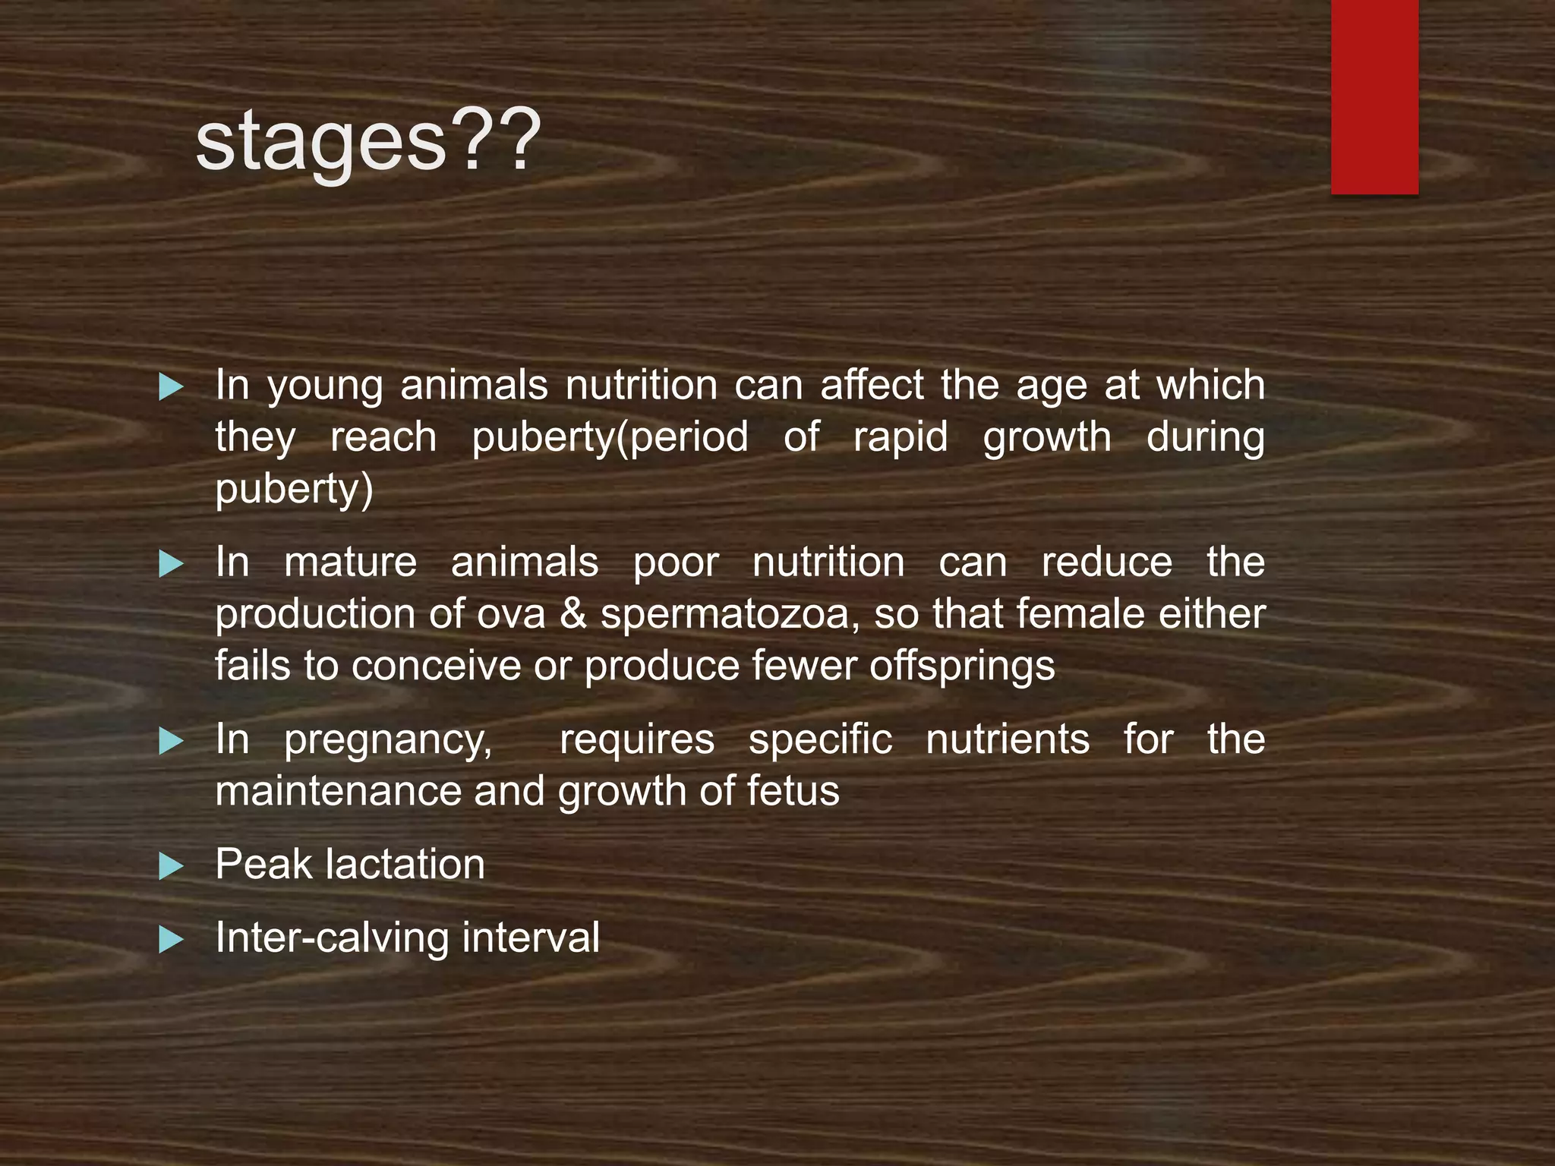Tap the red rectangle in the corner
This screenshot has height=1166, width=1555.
coord(1374,96)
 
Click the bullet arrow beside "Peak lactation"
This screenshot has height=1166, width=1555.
coord(172,866)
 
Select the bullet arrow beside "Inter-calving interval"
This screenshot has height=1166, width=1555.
coord(172,940)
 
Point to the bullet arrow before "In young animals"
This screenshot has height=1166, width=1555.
coord(172,387)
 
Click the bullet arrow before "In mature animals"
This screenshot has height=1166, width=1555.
coord(172,564)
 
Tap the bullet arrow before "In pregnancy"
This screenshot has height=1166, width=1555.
coord(172,741)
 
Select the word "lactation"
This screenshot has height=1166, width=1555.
coord(410,865)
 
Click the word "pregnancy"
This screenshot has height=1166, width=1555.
coord(388,741)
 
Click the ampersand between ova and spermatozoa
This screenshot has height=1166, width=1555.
coord(573,614)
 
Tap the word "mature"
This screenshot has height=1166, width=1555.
coord(350,563)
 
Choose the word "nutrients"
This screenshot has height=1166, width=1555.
coord(1008,739)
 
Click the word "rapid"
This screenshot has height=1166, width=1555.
coord(901,438)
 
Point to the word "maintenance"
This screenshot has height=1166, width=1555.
coord(338,791)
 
